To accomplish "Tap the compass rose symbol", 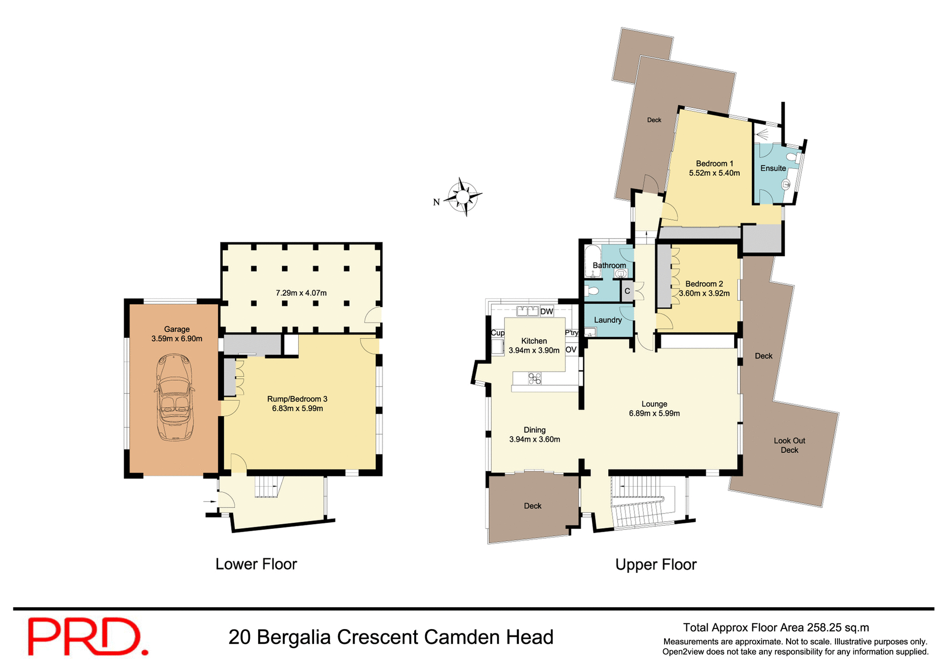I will click(463, 197).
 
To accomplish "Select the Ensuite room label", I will click(773, 168).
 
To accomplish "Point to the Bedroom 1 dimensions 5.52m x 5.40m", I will click(714, 173).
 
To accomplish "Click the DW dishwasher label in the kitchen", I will click(547, 312).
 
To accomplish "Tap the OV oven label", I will click(571, 350).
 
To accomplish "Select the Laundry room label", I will click(607, 320).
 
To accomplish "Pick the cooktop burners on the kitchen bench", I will click(535, 379).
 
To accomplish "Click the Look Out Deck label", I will click(789, 445).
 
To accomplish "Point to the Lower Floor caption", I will click(256, 564).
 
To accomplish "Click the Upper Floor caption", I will click(655, 565).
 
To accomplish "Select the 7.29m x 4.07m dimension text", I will click(301, 293).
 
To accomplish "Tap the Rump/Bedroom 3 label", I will click(297, 399).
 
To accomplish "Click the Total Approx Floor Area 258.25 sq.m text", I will click(776, 628).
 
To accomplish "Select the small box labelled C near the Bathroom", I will click(627, 291).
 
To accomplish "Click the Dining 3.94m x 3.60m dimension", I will click(534, 439).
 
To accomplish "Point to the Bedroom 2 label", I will click(704, 284).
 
